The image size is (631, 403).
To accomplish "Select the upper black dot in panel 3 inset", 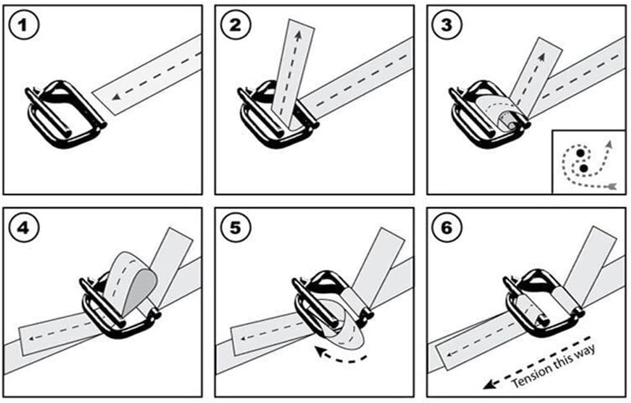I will coord(580,154).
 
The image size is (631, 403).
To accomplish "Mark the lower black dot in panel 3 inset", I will coord(583,168).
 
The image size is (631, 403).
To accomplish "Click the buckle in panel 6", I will coord(540,305).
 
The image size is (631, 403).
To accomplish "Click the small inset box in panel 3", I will coord(588,162).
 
